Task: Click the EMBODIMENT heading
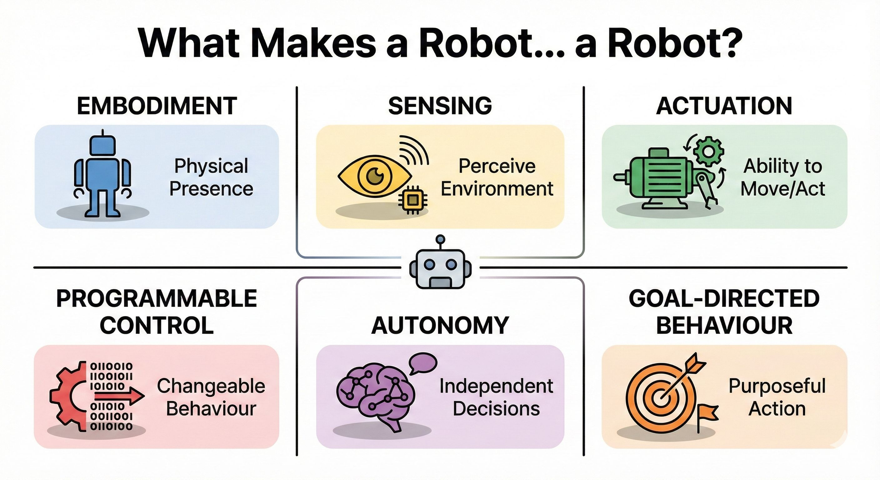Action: coord(157,106)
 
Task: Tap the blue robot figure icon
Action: coord(102,174)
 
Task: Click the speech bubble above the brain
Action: coord(423,363)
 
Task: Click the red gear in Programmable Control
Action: coord(67,396)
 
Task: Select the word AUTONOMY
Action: coord(440,326)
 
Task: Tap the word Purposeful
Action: coord(777,386)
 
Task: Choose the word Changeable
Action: coord(211,386)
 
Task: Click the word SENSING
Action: coord(440,106)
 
